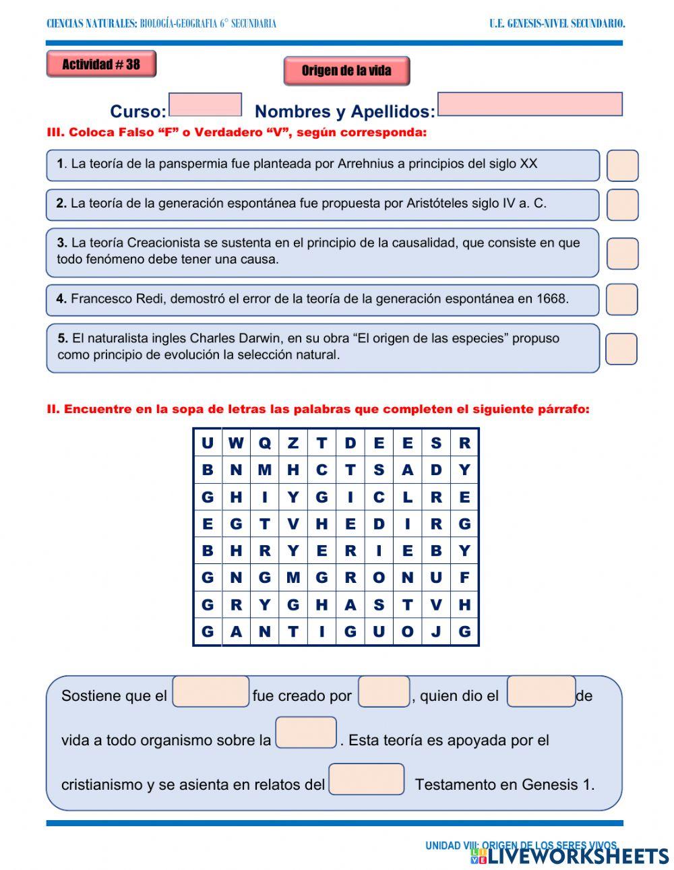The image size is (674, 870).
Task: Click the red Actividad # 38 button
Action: tap(101, 65)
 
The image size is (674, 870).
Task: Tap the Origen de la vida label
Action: tap(346, 71)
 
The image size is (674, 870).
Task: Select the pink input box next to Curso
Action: tap(205, 105)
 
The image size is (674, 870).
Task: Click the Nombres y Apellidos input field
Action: tap(530, 104)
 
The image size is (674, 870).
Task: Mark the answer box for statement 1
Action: tap(622, 166)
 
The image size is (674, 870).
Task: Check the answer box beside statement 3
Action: tap(622, 253)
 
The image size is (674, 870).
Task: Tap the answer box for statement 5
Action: tap(621, 349)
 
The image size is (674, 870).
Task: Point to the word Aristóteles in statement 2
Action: tap(441, 204)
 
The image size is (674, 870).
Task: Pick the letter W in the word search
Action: tap(236, 443)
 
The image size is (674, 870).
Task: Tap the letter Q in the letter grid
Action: tap(264, 443)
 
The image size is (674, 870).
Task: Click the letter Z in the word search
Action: tap(293, 443)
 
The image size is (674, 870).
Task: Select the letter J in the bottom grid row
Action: tap(436, 632)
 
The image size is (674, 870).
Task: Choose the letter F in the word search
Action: tap(464, 578)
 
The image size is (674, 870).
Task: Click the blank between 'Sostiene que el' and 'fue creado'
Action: tap(211, 692)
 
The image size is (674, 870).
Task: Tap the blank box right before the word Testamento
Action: tap(366, 779)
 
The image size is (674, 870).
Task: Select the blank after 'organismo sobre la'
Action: tap(306, 733)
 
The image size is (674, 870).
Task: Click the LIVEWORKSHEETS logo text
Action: tap(578, 857)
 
